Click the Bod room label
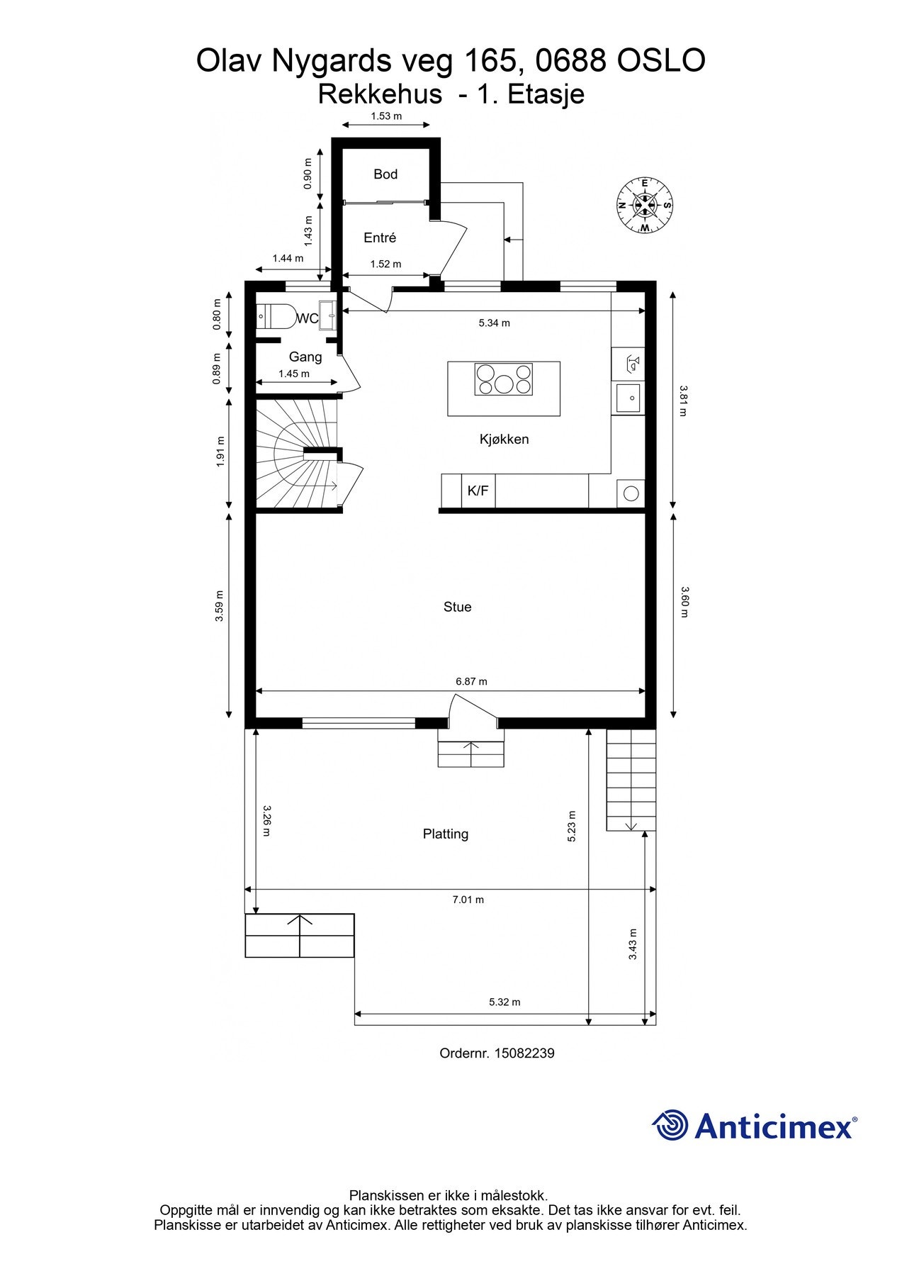385,174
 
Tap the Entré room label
380,238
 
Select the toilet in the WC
276,316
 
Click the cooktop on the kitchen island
504,379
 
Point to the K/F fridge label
478,491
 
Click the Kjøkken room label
504,440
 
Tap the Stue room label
457,607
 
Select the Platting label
446,834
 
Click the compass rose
645,206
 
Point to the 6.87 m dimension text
471,681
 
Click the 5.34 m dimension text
494,323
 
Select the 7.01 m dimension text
468,900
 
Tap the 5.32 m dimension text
504,1002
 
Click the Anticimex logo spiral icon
670,1125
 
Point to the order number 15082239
524,1053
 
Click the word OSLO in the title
661,61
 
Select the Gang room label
305,357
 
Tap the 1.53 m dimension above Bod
386,116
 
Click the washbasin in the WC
327,315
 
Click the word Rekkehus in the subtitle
380,94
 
